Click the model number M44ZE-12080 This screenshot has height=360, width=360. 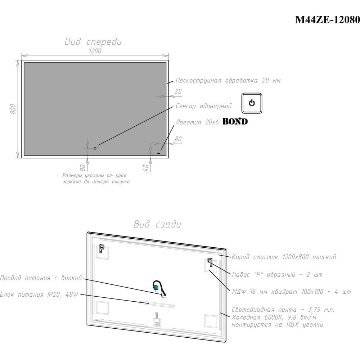click(327, 20)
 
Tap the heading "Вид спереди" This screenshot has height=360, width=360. click(93, 41)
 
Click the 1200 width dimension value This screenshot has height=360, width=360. click(95, 51)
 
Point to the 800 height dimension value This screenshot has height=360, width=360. click(13, 109)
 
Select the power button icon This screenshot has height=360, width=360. click(252, 103)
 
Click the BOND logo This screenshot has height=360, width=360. click(235, 121)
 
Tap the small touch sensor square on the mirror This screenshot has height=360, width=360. click(95, 148)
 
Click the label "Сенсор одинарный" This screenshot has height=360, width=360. click(204, 106)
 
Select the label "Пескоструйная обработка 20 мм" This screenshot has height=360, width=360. click(228, 80)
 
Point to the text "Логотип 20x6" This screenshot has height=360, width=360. click(197, 122)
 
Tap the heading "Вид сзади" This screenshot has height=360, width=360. click(158, 224)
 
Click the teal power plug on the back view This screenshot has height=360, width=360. click(157, 287)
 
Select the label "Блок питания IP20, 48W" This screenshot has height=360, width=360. click(39, 294)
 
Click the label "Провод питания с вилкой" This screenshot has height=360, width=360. click(41, 278)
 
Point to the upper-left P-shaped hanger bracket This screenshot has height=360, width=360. click(102, 248)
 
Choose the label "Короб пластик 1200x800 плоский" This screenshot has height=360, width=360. click(284, 257)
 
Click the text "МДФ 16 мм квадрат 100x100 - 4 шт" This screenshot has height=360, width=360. click(291, 292)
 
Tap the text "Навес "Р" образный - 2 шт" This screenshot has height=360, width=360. click(277, 274)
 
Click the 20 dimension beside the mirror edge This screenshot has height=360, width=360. click(179, 91)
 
